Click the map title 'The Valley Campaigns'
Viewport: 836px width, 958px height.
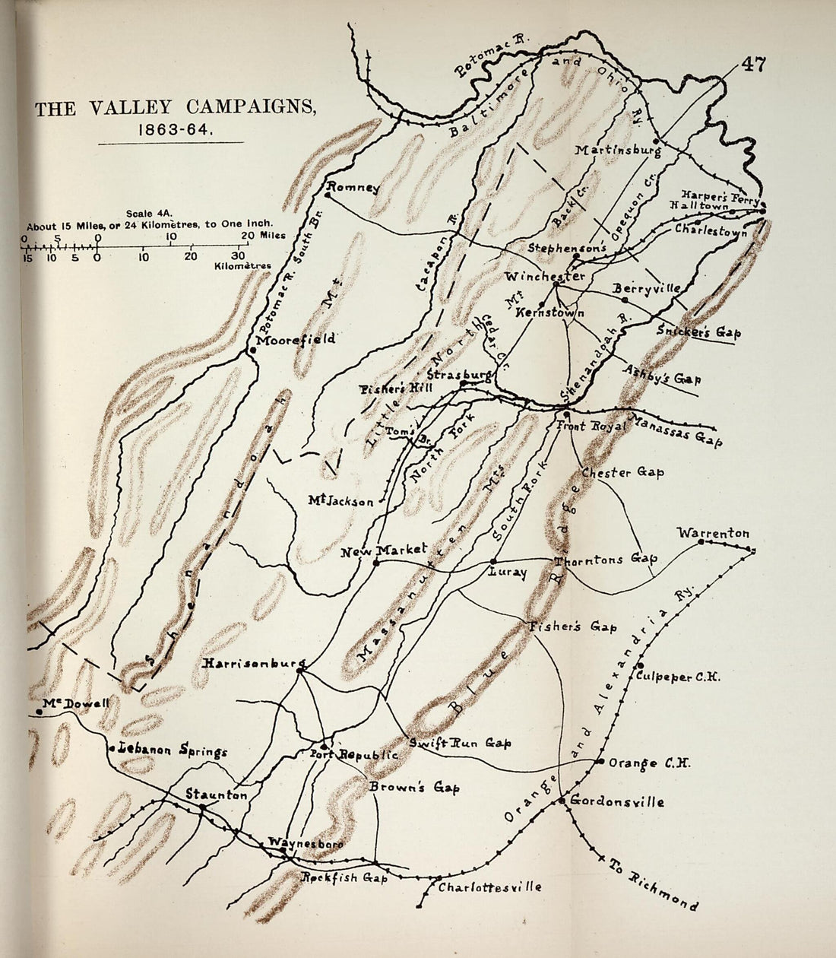coord(175,108)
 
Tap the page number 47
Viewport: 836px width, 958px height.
coord(750,65)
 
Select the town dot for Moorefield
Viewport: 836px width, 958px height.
coord(252,351)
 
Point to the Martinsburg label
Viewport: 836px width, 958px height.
coord(617,150)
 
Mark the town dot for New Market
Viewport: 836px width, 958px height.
coord(376,563)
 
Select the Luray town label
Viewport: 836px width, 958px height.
coord(508,573)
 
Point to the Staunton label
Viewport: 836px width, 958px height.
coord(217,795)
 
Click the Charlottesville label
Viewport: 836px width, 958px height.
coord(490,887)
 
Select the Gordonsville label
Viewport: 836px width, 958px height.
coord(616,801)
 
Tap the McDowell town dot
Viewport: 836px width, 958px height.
coord(39,712)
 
